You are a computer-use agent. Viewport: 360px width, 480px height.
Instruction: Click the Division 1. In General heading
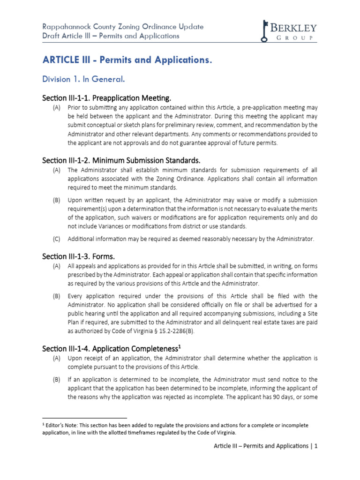[84, 79]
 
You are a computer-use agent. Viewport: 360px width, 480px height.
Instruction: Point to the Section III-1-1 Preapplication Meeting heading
[107, 98]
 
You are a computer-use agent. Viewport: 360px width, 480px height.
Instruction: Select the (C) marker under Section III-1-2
[56, 239]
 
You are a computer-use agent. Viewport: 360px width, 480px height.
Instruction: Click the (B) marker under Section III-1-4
[56, 379]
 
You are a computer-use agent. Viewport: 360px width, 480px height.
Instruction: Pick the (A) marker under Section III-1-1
[56, 108]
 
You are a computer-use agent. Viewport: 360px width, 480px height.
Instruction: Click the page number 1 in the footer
[316, 446]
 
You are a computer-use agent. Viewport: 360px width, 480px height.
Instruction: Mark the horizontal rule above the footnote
[84, 417]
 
